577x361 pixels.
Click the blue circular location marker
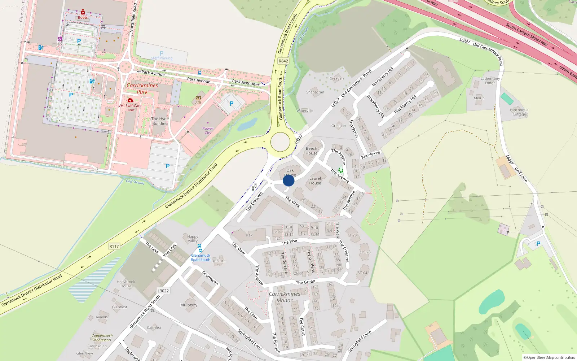point(288,180)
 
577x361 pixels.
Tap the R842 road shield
point(283,61)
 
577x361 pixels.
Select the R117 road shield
point(114,246)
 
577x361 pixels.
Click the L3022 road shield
point(163,291)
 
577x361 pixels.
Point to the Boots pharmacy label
point(83,17)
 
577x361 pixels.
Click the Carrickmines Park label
point(142,88)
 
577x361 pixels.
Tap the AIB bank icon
point(198,98)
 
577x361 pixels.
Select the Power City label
point(208,131)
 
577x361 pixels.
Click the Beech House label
point(312,151)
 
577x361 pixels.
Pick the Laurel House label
point(315,180)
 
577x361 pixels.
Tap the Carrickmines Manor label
point(285,297)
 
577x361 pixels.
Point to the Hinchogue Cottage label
point(519,112)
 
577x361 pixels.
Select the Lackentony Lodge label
point(490,81)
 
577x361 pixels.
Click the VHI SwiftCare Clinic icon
point(130,100)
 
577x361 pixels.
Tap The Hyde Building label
point(160,121)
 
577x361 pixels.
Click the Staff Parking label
point(162,58)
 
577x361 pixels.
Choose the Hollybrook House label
point(126,284)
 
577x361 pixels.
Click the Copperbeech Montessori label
point(102,338)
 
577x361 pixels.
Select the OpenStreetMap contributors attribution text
point(549,357)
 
